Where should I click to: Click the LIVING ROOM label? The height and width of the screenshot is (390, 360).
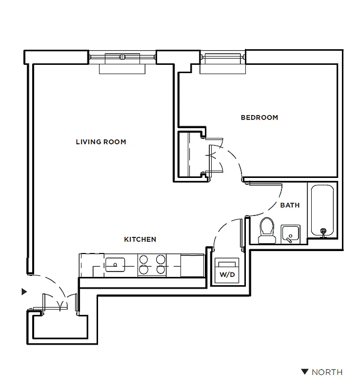pos(101,142)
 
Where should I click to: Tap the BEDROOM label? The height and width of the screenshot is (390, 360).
pos(260,117)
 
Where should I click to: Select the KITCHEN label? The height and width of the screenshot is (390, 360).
pos(140,239)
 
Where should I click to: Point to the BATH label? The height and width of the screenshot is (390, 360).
pos(290,205)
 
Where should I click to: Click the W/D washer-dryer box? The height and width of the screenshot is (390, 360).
pos(227,271)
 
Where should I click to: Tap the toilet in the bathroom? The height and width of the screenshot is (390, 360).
pos(266,230)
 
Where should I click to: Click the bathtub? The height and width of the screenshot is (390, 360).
pos(321,210)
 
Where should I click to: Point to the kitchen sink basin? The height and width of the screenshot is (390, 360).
pos(115,265)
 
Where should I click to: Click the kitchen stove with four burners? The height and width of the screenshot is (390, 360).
pos(152,265)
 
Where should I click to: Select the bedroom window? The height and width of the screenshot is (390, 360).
pos(223,58)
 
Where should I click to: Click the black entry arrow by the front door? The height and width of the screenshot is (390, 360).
pos(23,292)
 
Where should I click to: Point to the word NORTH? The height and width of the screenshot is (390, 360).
pos(327,372)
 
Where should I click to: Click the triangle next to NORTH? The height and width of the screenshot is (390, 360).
pos(305,372)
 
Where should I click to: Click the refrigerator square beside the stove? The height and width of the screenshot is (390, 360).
pos(191,265)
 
